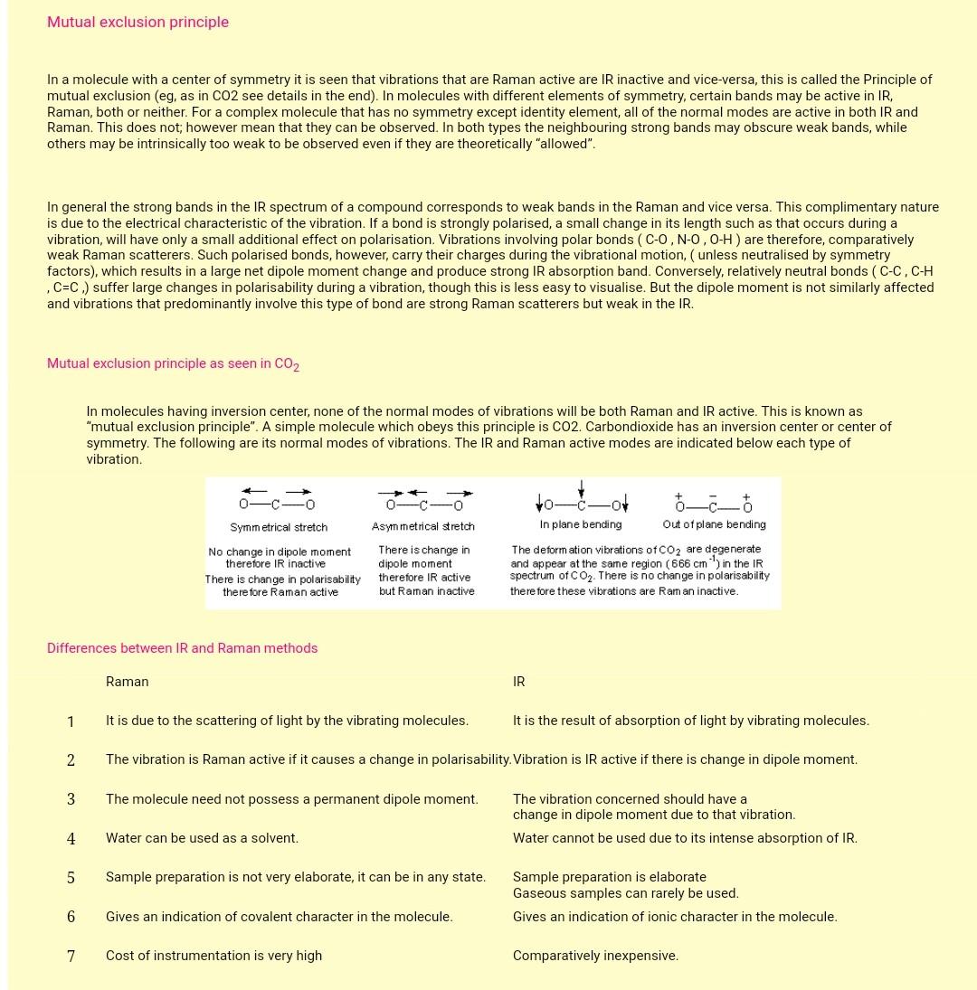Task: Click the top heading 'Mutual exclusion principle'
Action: pyautogui.click(x=138, y=22)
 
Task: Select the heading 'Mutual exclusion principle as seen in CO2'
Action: pyautogui.click(x=173, y=363)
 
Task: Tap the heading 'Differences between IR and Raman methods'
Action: pyautogui.click(x=182, y=648)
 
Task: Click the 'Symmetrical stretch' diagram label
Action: pyautogui.click(x=279, y=527)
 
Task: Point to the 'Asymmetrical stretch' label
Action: pyautogui.click(x=422, y=526)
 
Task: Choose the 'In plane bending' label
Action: pyautogui.click(x=580, y=524)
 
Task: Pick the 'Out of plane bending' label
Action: pyautogui.click(x=714, y=524)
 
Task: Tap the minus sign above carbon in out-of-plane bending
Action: pyautogui.click(x=713, y=495)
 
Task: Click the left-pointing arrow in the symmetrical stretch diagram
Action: pyautogui.click(x=254, y=492)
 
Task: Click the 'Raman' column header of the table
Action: pyautogui.click(x=127, y=682)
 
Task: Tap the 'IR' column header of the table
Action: pyautogui.click(x=518, y=682)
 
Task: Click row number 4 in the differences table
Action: pyautogui.click(x=71, y=839)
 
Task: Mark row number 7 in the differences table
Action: pyautogui.click(x=71, y=957)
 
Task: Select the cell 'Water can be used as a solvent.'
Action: pyautogui.click(x=202, y=838)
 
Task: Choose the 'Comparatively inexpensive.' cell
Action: pyautogui.click(x=595, y=956)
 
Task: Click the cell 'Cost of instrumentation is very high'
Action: pyautogui.click(x=213, y=956)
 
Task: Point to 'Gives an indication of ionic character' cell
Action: pyautogui.click(x=675, y=917)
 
